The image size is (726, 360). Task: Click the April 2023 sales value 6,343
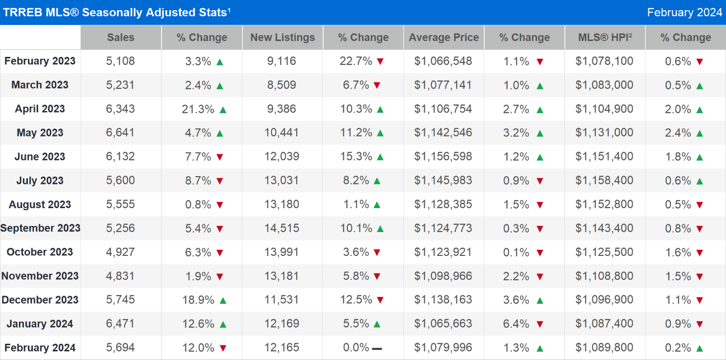(x=120, y=109)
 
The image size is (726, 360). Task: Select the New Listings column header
(x=282, y=38)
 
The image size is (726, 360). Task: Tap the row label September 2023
(x=40, y=228)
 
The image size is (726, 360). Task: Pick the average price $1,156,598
(x=443, y=156)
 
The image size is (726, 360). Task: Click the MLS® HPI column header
(x=605, y=38)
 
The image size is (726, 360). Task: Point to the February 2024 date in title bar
(x=684, y=12)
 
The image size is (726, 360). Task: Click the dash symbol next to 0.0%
(x=377, y=348)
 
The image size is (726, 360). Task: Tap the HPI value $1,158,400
(x=604, y=180)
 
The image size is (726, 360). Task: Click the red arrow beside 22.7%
(x=380, y=62)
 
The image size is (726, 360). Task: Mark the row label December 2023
(x=40, y=300)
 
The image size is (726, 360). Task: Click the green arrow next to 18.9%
(x=223, y=301)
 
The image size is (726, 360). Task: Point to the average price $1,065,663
(x=443, y=324)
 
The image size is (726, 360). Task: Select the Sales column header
(x=120, y=38)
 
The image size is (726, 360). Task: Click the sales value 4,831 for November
(x=120, y=276)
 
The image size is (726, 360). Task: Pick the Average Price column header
(x=444, y=38)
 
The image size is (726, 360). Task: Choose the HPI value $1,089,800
(x=604, y=348)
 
